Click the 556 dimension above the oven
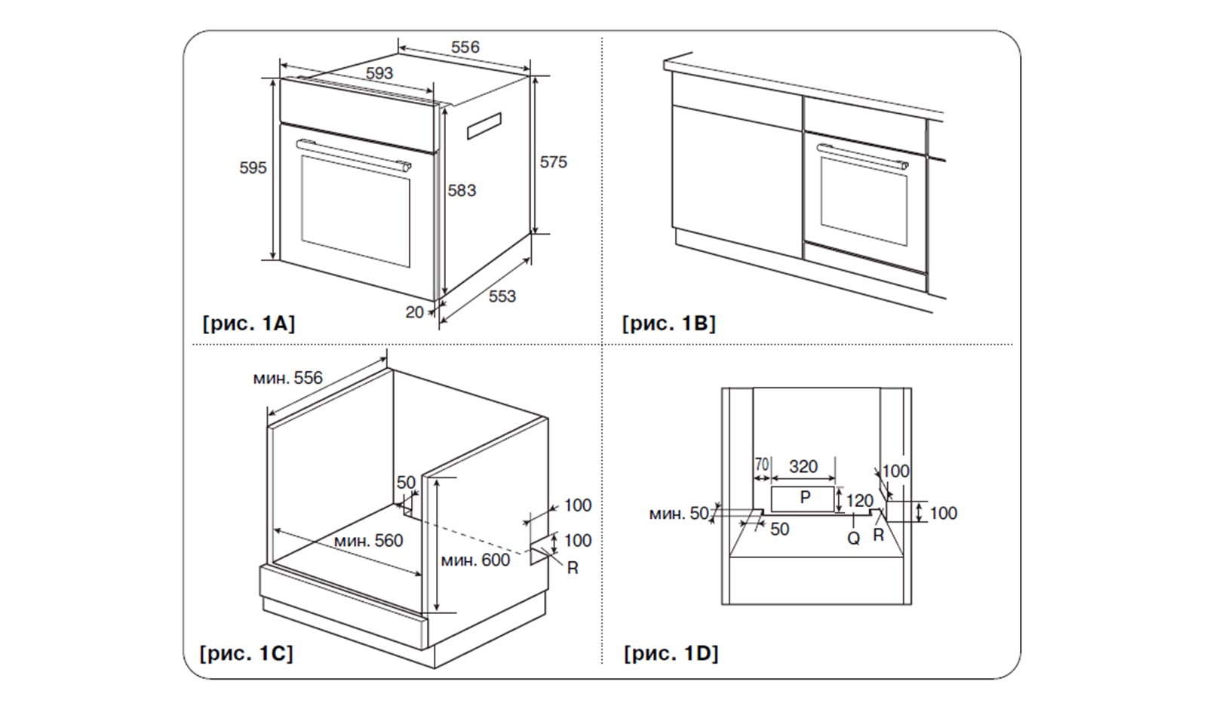pyautogui.click(x=465, y=47)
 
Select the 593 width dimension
pyautogui.click(x=379, y=73)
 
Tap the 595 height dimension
pyautogui.click(x=253, y=167)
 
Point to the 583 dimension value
pyautogui.click(x=462, y=190)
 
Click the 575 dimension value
pyautogui.click(x=553, y=162)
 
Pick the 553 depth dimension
pyautogui.click(x=502, y=296)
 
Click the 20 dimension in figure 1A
pyautogui.click(x=414, y=312)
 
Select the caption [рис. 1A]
pyautogui.click(x=248, y=324)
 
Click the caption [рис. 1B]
pyautogui.click(x=668, y=324)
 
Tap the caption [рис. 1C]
pyautogui.click(x=246, y=652)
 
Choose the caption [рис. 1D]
pyautogui.click(x=671, y=652)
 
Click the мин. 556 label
pyautogui.click(x=287, y=378)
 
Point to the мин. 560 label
pyautogui.click(x=368, y=540)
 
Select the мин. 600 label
pyautogui.click(x=475, y=560)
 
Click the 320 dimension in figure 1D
pyautogui.click(x=803, y=467)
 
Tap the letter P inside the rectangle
pyautogui.click(x=805, y=497)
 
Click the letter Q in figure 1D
pyautogui.click(x=853, y=538)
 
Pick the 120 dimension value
pyautogui.click(x=859, y=501)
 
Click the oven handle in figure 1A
pyautogui.click(x=353, y=155)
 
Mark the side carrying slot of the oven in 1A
pyautogui.click(x=484, y=126)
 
